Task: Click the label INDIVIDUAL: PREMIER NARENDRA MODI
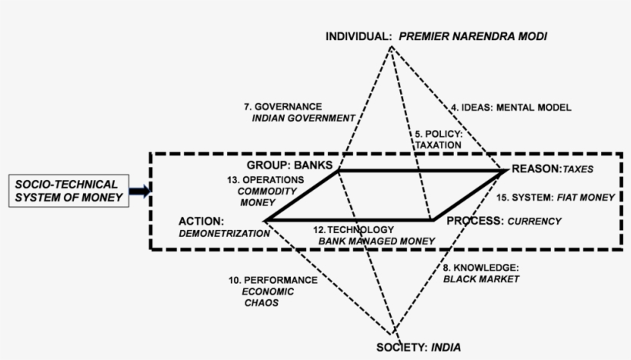point(436,36)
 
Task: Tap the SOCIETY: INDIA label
point(419,348)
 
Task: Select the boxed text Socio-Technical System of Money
point(67,192)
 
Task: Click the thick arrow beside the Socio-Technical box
point(139,191)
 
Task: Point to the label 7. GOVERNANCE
point(282,106)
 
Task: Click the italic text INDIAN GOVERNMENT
point(303,118)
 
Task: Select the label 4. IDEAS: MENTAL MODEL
point(511,108)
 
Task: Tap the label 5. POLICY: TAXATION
point(438,138)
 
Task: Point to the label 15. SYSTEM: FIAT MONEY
point(555,197)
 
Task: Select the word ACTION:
point(200,221)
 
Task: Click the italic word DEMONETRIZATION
point(219,232)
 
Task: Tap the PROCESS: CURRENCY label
point(504,221)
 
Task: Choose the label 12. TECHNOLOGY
point(354,229)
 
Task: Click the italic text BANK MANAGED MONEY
point(376,241)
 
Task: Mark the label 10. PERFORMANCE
point(272,280)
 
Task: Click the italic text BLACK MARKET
point(481,278)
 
